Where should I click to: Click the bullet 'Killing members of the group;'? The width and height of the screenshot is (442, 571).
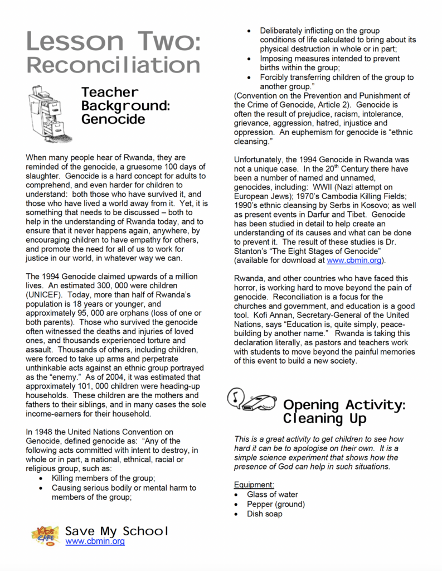103,478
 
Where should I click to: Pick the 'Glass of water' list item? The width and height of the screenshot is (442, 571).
273,494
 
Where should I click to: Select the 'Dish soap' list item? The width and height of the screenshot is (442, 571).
265,514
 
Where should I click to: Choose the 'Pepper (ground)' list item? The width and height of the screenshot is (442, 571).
276,504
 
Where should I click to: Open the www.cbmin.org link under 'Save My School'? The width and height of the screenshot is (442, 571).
95,541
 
